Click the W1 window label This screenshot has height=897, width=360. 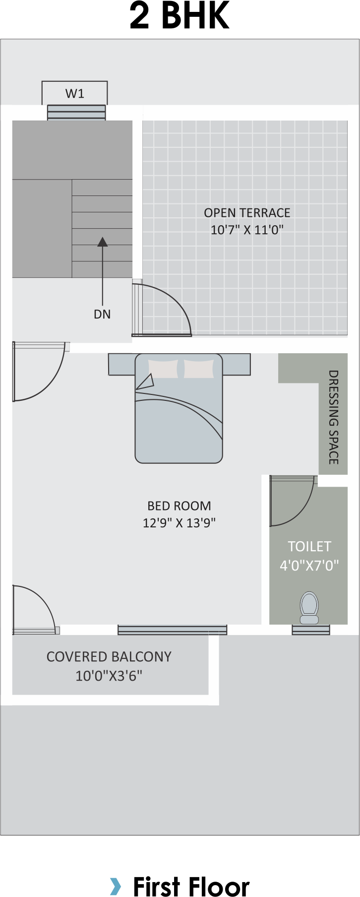tap(75, 93)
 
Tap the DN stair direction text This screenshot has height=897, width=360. tap(102, 314)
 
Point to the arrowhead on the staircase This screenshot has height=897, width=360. tap(103, 242)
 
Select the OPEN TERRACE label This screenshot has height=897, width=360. tap(247, 213)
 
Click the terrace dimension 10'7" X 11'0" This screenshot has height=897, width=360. tap(247, 230)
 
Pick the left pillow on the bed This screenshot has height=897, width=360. tap(163, 369)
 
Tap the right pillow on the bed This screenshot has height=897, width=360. tap(199, 369)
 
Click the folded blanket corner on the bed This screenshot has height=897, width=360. tap(145, 382)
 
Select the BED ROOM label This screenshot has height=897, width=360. tap(179, 506)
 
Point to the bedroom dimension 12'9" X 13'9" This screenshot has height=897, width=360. tap(179, 523)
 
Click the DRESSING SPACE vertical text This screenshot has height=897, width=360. tap(334, 417)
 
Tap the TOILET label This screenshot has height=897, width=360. tap(309, 547)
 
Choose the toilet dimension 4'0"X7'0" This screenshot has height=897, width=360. tap(309, 566)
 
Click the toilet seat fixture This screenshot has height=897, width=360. tap(309, 608)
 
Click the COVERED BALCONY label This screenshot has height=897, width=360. tap(109, 657)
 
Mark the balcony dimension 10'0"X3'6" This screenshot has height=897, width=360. tap(109, 676)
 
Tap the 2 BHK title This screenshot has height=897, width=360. tap(180, 16)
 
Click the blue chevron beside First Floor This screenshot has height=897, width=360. tap(115, 886)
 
